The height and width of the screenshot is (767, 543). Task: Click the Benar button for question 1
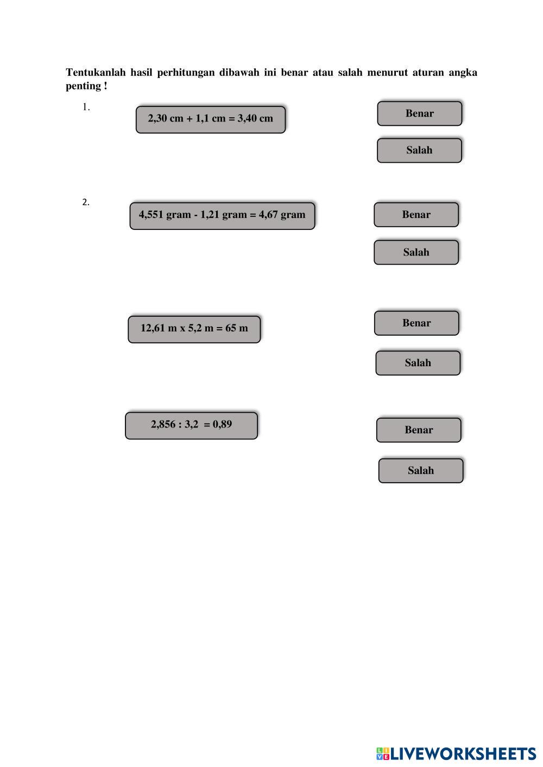[419, 113]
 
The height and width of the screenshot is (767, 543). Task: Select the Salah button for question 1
[419, 150]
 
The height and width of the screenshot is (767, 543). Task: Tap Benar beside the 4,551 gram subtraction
[416, 215]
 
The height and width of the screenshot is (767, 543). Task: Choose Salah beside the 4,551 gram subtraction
[416, 252]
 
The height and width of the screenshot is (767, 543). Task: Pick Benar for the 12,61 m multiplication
[416, 323]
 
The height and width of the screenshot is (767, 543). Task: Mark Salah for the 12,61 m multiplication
[418, 363]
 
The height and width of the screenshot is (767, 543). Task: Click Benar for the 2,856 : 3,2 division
[419, 430]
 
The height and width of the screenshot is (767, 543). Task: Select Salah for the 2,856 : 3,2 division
[421, 471]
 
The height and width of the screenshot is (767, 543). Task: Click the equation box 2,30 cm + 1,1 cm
[210, 119]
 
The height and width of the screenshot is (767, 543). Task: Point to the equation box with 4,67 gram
[222, 215]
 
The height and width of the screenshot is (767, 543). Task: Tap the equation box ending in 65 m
[194, 329]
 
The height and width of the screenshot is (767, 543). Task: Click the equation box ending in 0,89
[191, 425]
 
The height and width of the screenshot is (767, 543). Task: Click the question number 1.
[86, 107]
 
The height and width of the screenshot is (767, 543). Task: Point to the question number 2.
[86, 202]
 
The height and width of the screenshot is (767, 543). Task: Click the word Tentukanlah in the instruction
[96, 73]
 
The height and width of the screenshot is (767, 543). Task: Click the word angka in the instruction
[463, 73]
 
